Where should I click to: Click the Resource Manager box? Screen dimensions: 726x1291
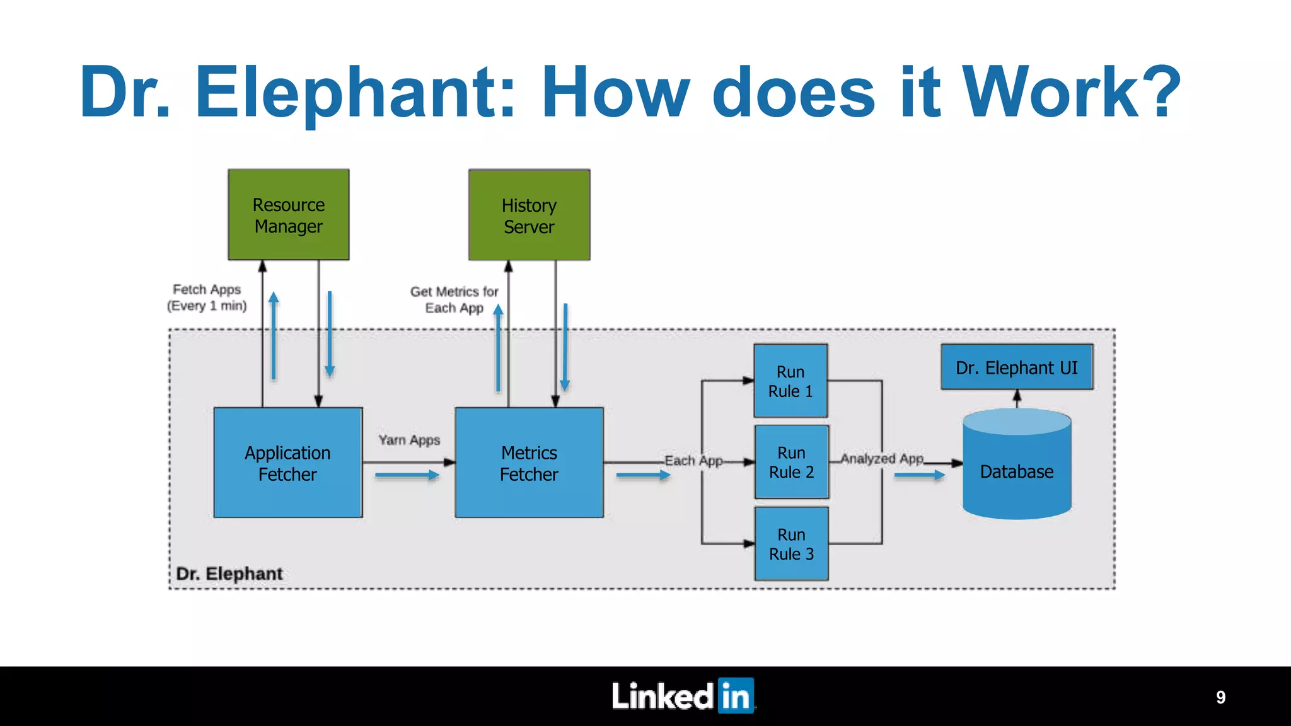[289, 214]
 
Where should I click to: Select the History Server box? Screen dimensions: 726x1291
[529, 215]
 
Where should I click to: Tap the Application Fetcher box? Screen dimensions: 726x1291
[288, 463]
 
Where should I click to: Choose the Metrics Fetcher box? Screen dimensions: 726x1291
[529, 463]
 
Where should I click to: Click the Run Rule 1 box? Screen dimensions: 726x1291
[790, 381]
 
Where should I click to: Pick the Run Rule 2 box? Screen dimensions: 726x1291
[792, 462]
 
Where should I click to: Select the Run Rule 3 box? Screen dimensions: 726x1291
[792, 543]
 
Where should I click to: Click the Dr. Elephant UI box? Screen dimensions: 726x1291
[1017, 367]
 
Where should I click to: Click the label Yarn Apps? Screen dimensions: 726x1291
[409, 440]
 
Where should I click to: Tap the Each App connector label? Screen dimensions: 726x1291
[693, 461]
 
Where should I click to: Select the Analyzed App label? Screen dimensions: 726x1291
[882, 459]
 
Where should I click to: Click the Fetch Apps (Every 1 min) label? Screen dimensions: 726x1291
[207, 297]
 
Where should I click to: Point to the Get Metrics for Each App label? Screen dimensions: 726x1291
[454, 299]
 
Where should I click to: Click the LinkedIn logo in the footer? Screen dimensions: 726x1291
[683, 696]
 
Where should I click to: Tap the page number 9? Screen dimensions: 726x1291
[1220, 697]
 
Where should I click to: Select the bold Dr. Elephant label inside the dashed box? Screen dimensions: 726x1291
[229, 573]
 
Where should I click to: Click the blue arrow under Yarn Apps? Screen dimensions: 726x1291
[407, 475]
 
